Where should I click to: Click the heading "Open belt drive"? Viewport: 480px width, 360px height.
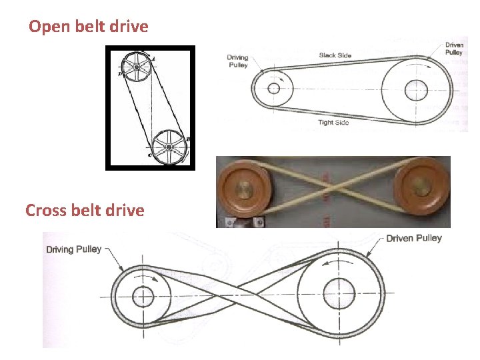89,27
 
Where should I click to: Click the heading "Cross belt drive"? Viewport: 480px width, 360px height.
85,211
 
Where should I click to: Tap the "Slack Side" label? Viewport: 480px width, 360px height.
335,55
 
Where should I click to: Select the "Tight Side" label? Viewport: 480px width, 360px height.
333,123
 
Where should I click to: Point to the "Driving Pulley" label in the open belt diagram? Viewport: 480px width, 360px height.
237,61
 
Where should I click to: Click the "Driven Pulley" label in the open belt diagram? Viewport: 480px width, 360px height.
455,49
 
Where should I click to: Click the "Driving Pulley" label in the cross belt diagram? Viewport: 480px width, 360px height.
73,250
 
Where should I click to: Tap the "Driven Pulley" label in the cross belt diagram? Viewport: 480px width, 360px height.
414,238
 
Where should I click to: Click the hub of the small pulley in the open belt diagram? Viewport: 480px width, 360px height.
273,88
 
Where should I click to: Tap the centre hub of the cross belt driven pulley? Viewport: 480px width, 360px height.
339,293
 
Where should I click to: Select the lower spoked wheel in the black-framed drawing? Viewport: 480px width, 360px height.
169,147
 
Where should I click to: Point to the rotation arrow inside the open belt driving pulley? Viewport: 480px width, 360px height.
285,78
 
